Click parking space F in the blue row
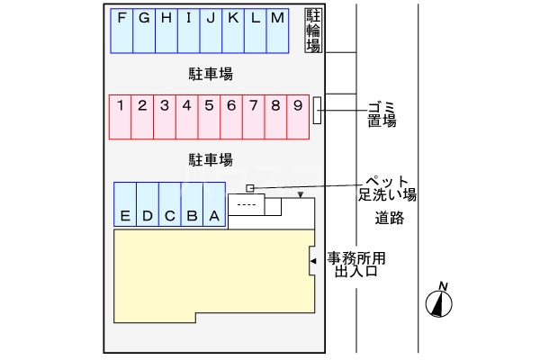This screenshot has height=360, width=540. pos(121,31)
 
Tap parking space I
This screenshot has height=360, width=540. pos(188,31)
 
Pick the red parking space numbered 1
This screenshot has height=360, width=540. pos(120,116)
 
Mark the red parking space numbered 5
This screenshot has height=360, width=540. pos(209,116)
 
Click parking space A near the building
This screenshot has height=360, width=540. pos(214,205)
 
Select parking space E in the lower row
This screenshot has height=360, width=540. pos(125,205)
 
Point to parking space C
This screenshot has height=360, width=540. pos(169,205)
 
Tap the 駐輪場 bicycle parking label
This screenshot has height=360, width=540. pos(313,31)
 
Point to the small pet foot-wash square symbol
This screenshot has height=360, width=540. pos(251,187)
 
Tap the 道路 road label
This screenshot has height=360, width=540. pos(390,218)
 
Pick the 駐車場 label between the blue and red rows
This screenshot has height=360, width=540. pos(211,74)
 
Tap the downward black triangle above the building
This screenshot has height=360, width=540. pos(301,195)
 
